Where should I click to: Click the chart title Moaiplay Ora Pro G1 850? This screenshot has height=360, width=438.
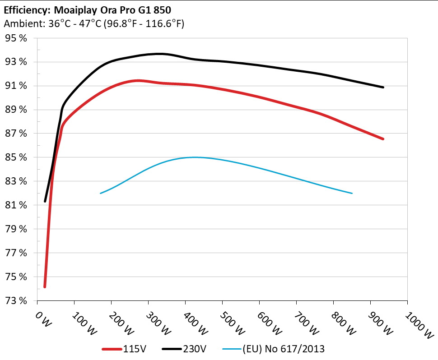tap(88, 9)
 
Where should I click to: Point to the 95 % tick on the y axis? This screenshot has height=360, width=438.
tap(17, 38)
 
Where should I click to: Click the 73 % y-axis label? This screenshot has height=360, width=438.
tap(17, 300)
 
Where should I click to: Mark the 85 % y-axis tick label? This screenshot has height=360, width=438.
tap(17, 157)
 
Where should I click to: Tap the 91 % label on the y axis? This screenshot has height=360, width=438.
tap(17, 86)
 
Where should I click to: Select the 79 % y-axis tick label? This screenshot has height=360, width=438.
tap(17, 229)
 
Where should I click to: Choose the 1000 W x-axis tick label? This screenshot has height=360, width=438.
tap(421, 323)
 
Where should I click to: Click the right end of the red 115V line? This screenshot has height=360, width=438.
tap(383, 139)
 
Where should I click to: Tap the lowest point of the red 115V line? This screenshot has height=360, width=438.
tap(45, 286)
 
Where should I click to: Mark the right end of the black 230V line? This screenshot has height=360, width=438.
tap(383, 87)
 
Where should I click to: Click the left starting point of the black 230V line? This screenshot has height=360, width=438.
tap(45, 201)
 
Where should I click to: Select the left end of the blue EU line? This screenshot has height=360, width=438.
tap(100, 193)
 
